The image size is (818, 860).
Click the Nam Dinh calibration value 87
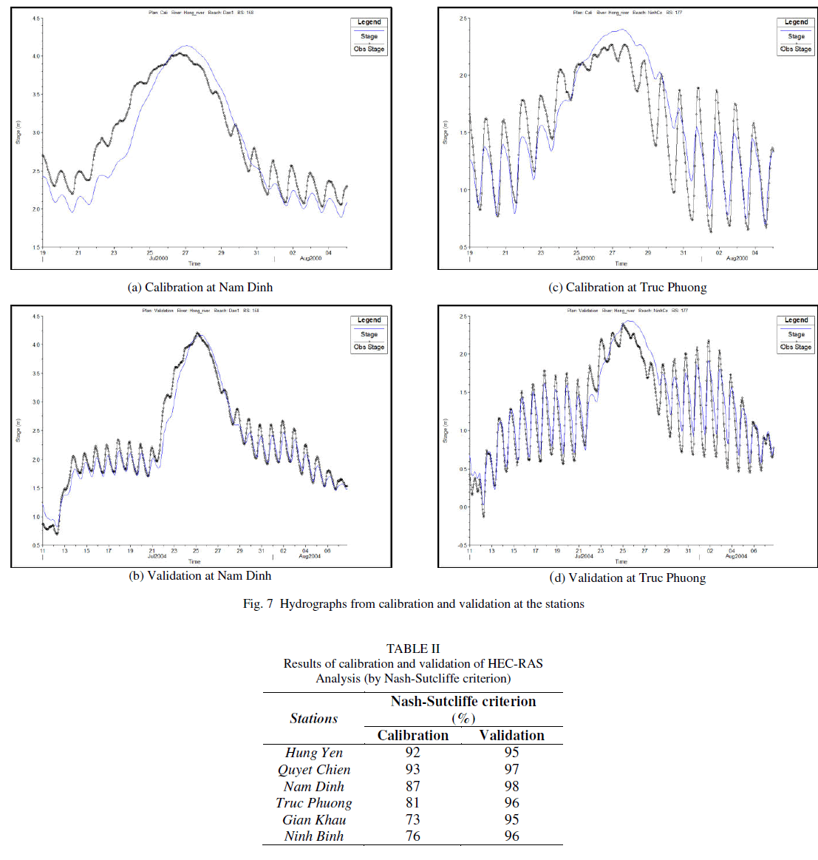coord(412,786)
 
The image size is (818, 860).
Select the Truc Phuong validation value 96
coord(511,802)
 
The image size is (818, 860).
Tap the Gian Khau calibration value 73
coord(412,819)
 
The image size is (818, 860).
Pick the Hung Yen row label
coord(314,753)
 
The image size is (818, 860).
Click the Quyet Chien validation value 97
coord(511,769)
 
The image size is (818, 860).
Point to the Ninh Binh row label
coord(314,836)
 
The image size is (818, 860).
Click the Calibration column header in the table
coord(412,735)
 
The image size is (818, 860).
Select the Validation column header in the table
coord(511,735)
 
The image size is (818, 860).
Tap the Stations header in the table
coord(314,718)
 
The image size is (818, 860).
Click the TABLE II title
coord(412,649)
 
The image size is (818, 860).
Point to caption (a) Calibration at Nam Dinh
coord(200,287)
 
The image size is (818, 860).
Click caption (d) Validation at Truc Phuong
coord(627,578)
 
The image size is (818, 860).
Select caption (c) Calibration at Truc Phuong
coord(627,287)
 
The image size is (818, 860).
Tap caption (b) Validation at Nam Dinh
coord(200,575)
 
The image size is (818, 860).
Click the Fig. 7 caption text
coord(413,603)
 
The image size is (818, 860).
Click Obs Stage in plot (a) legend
coord(369,49)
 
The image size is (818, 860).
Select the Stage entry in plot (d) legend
coord(796,334)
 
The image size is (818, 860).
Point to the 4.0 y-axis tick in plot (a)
coord(36,56)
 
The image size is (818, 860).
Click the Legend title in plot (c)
coord(796,22)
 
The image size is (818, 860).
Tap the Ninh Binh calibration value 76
coord(412,836)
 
